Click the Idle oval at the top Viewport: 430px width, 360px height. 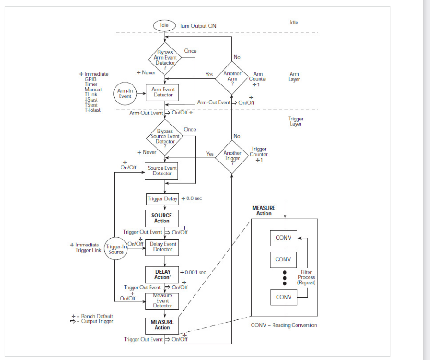pyautogui.click(x=164, y=25)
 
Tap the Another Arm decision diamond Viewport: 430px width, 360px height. pyautogui.click(x=232, y=76)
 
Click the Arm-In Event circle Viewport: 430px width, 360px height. pyautogui.click(x=125, y=94)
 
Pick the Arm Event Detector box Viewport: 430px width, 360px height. pyautogui.click(x=163, y=92)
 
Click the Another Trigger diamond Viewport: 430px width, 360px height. pyautogui.click(x=232, y=156)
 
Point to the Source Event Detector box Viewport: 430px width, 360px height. pyautogui.click(x=162, y=171)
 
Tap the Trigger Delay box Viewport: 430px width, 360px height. pyautogui.click(x=162, y=199)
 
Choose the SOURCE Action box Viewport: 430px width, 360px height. pyautogui.click(x=162, y=218)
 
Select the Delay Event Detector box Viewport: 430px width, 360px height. pyautogui.click(x=162, y=247)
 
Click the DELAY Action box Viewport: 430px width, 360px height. pyautogui.click(x=162, y=274)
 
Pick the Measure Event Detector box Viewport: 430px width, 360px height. pyautogui.click(x=162, y=300)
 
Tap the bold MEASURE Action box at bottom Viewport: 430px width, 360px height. pyautogui.click(x=162, y=324)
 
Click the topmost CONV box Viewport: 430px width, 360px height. pyautogui.click(x=283, y=238)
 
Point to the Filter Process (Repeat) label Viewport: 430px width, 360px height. pyautogui.click(x=306, y=277)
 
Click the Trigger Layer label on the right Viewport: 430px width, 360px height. pyautogui.click(x=296, y=121)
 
